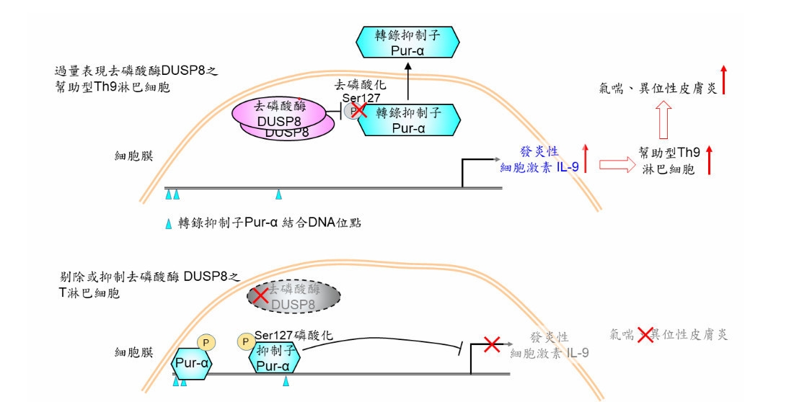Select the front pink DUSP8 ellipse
tap(281, 114)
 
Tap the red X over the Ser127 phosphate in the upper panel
tap(358, 110)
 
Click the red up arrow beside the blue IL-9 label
tap(586, 158)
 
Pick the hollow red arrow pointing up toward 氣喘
tap(663, 119)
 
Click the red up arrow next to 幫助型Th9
tap(710, 159)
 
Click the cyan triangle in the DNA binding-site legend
tap(169, 223)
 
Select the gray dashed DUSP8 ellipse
tap(294, 296)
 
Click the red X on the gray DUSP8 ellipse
tap(259, 294)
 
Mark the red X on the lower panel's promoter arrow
tap(492, 344)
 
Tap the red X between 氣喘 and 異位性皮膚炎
tap(645, 334)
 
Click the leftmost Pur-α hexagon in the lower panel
tap(192, 363)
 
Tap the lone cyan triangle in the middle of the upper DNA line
tap(279, 195)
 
